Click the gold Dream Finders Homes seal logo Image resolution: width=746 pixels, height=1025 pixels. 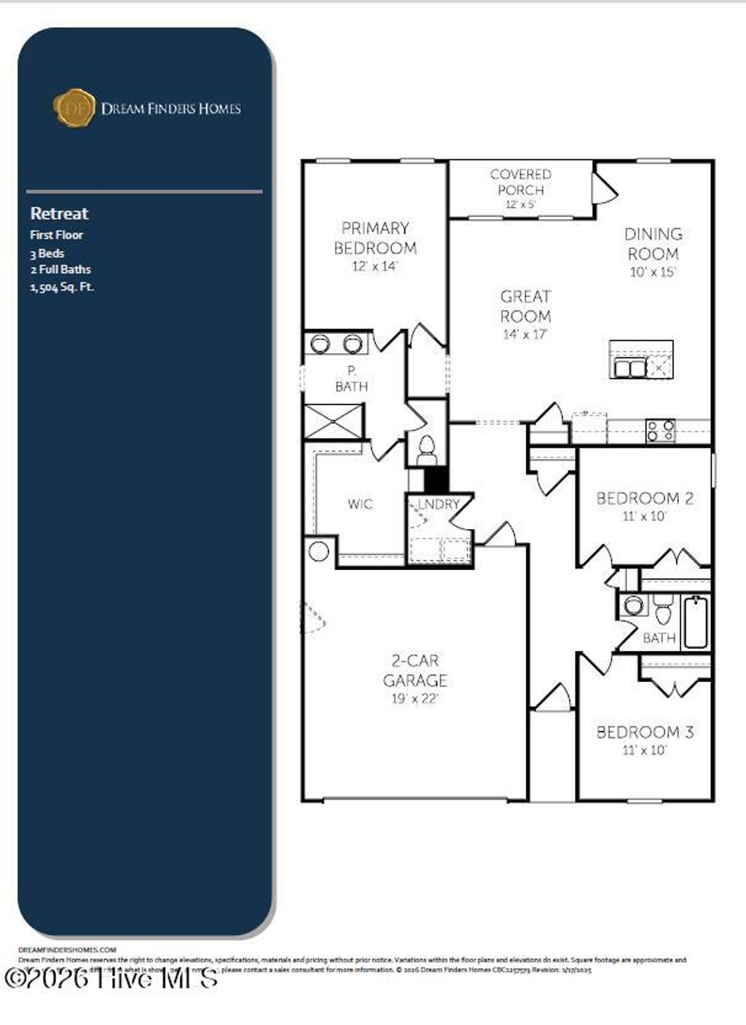[x=74, y=108]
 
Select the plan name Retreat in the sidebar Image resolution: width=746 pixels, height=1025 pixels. [x=59, y=213]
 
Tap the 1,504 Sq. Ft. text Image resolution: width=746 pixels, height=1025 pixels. [x=62, y=286]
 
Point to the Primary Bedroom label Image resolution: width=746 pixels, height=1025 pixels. [x=375, y=238]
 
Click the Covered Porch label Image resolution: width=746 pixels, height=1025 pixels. [x=520, y=182]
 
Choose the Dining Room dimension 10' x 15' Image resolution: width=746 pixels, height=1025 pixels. [x=653, y=272]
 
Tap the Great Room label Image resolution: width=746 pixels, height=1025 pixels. [x=525, y=306]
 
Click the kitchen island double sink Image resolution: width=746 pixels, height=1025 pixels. [x=629, y=368]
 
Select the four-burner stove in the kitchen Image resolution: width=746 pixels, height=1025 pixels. [x=660, y=430]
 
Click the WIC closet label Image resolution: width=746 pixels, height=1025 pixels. [x=360, y=504]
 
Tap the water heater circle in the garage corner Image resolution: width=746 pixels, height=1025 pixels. [x=318, y=551]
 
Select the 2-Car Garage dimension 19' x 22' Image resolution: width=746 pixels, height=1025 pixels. [x=415, y=699]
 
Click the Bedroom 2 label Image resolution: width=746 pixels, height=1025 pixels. [x=645, y=499]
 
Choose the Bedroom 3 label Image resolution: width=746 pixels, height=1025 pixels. [x=645, y=732]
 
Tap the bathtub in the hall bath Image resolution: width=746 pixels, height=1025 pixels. [x=696, y=622]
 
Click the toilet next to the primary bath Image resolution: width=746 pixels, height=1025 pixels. [x=426, y=448]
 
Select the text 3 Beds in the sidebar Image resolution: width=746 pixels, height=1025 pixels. [x=47, y=253]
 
